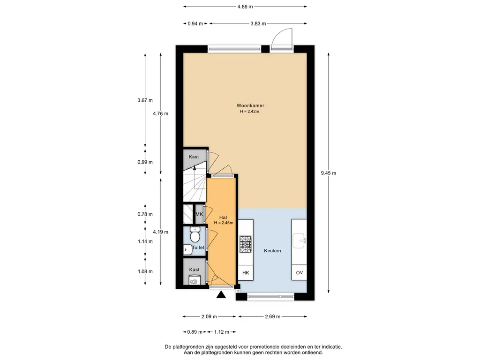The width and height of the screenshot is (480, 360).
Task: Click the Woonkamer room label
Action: click(x=250, y=105)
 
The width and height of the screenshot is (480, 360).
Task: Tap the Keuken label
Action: click(x=272, y=251)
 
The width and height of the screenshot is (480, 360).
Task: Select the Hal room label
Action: click(x=223, y=217)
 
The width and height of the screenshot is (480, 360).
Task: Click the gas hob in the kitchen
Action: click(x=246, y=244)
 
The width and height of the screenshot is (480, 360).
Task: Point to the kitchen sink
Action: click(x=299, y=240)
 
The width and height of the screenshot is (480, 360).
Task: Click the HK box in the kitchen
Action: click(x=246, y=272)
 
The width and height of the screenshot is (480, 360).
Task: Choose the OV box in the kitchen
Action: click(x=299, y=272)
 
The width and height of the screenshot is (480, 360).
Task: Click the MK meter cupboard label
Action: click(x=199, y=214)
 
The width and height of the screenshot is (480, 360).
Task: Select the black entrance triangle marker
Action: click(x=221, y=295)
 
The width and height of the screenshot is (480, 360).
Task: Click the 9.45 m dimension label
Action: click(x=329, y=173)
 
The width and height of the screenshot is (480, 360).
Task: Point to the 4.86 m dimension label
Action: click(x=245, y=7)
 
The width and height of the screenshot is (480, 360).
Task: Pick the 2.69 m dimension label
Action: click(x=272, y=316)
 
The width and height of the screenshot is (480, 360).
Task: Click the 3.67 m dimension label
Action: click(x=145, y=100)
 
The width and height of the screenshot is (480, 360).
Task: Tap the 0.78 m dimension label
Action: click(x=145, y=214)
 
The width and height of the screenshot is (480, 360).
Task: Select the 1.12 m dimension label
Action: click(x=222, y=332)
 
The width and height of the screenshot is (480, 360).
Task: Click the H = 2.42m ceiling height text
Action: click(x=249, y=112)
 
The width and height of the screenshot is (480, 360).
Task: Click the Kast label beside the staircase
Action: click(x=194, y=157)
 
